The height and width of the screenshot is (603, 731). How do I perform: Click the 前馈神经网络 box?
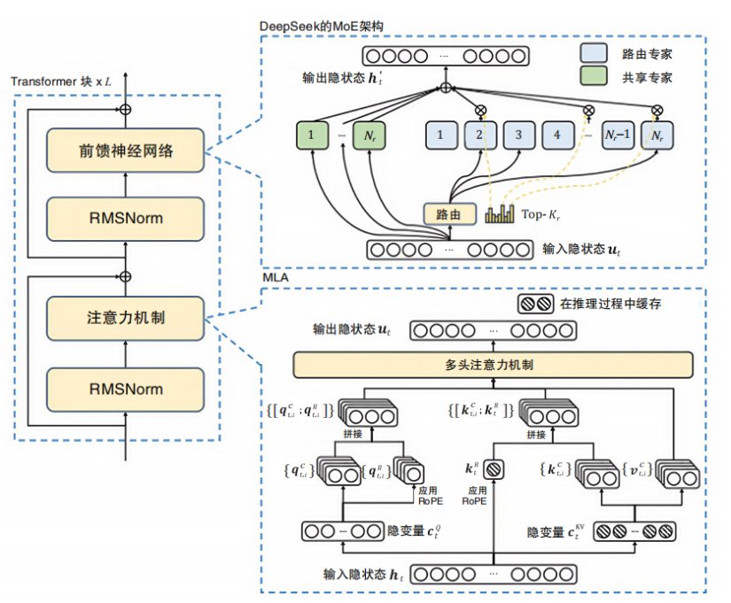[x=125, y=151]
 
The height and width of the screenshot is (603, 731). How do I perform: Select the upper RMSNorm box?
[x=125, y=219]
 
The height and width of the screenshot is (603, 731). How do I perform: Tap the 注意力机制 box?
[x=125, y=318]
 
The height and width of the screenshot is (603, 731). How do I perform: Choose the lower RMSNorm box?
[x=125, y=390]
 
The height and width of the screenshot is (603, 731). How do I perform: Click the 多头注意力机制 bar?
[x=493, y=365]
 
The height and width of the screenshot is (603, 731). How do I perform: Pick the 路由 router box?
[x=449, y=214]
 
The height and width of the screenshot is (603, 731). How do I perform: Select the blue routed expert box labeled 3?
[x=519, y=135]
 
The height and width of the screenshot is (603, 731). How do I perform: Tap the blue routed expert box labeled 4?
[x=557, y=135]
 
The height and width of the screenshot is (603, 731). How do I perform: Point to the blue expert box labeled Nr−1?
[x=618, y=135]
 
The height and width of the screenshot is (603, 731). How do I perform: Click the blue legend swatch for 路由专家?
[x=594, y=52]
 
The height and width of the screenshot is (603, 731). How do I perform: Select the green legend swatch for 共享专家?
[x=594, y=75]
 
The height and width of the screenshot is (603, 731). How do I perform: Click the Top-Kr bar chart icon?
[x=500, y=214]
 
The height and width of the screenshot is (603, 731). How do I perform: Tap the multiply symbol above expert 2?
[x=480, y=111]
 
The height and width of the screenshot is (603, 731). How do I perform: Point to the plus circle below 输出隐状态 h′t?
[x=446, y=88]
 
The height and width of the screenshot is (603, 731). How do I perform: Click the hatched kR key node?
[x=494, y=469]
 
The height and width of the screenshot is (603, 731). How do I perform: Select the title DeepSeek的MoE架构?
[x=322, y=26]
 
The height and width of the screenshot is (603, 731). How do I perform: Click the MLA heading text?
[x=276, y=278]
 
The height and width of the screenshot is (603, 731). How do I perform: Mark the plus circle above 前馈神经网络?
[x=125, y=110]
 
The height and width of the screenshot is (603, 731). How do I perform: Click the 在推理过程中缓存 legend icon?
[x=535, y=304]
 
